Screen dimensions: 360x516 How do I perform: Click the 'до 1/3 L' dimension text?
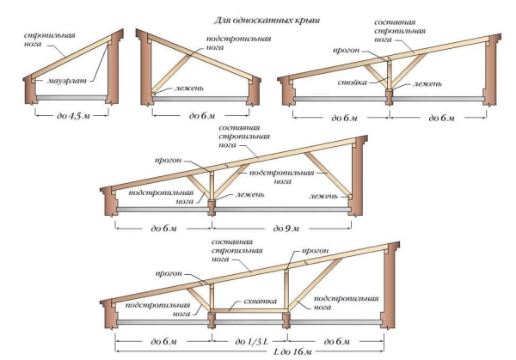pyautogui.click(x=251, y=341)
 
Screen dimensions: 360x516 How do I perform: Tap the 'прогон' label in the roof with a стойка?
pyautogui.click(x=345, y=50)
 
